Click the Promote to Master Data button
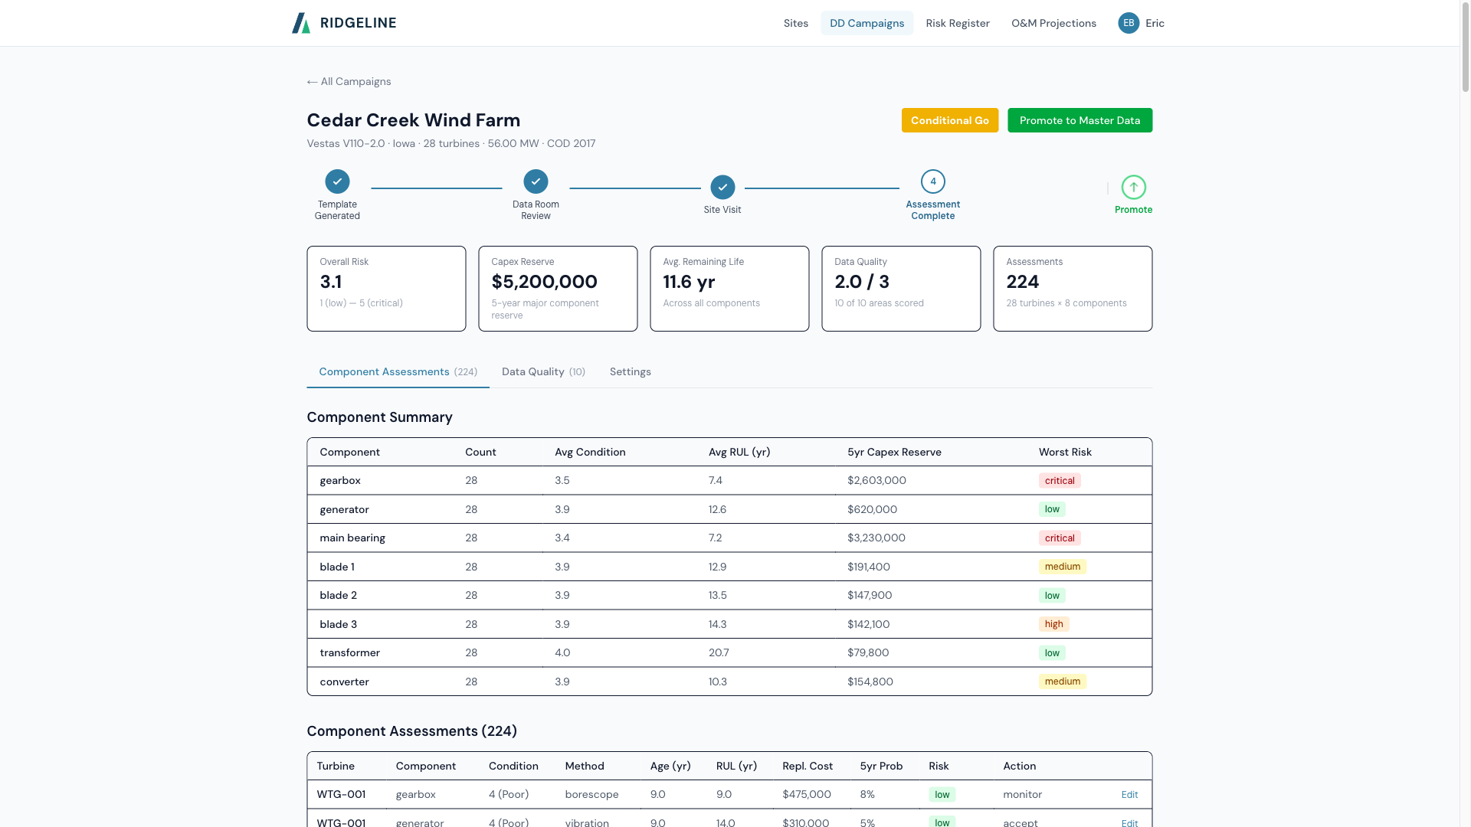coord(1079,120)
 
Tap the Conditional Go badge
coord(949,120)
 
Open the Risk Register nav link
coord(957,23)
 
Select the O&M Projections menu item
coord(1053,23)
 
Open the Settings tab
coord(630,371)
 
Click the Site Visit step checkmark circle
coord(722,187)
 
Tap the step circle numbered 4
coord(932,181)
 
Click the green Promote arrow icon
coord(1133,187)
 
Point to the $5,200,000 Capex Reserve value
coord(544,282)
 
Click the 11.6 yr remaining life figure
coord(689,282)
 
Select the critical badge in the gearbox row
coord(1060,481)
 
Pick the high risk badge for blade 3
coord(1053,624)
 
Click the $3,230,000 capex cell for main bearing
coord(876,538)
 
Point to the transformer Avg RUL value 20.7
coord(718,652)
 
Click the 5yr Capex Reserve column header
coord(894,452)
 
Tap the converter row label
coord(344,682)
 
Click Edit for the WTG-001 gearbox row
coord(1129,795)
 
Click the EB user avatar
coord(1128,23)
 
